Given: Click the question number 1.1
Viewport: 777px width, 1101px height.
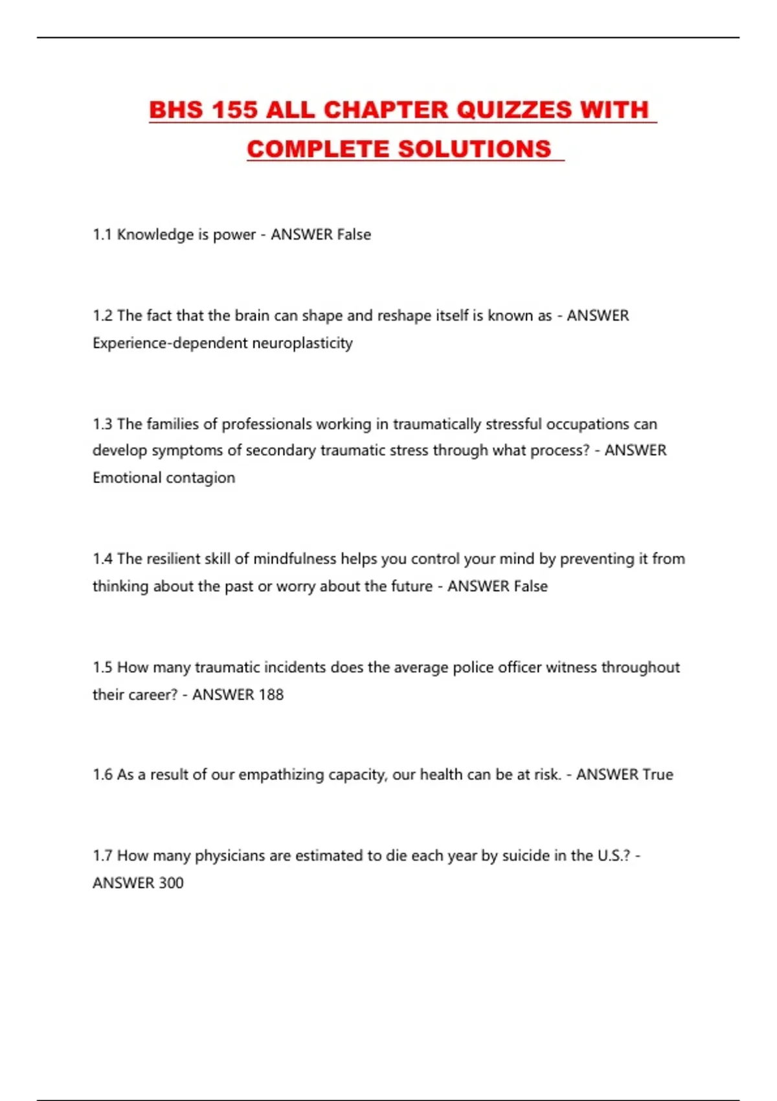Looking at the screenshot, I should [x=102, y=234].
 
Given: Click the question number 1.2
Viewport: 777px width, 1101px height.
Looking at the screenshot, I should [x=102, y=316].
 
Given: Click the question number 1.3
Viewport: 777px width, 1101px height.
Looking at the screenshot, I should [x=102, y=424].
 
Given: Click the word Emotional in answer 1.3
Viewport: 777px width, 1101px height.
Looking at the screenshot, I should [x=127, y=478].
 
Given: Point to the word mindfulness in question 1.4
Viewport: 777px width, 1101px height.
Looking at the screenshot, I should [x=295, y=559].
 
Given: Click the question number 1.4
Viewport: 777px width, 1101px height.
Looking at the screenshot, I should [x=102, y=559].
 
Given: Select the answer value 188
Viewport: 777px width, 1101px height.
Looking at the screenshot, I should [x=271, y=695].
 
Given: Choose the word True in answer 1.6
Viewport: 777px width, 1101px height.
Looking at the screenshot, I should [x=657, y=775].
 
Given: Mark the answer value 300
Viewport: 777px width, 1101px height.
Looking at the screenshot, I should [x=170, y=883].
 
